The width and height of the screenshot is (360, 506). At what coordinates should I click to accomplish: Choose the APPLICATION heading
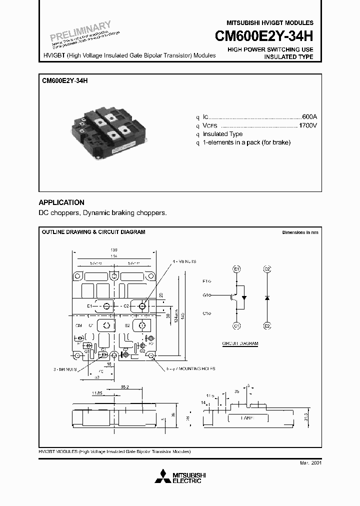[x=61, y=202]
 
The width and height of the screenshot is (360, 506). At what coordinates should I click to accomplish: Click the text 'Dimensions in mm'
[x=299, y=232]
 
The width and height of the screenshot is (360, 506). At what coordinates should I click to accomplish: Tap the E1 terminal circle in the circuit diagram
[x=236, y=269]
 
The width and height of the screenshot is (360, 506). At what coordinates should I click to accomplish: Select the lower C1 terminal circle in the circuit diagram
[x=236, y=325]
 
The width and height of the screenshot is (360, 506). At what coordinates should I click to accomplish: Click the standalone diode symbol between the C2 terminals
[x=267, y=297]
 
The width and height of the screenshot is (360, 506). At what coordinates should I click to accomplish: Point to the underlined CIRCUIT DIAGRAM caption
[x=240, y=343]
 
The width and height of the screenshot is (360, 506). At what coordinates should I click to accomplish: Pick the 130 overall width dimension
[x=114, y=249]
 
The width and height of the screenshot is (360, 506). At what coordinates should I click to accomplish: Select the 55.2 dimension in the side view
[x=124, y=387]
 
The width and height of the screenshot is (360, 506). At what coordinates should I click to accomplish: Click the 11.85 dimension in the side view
[x=98, y=393]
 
